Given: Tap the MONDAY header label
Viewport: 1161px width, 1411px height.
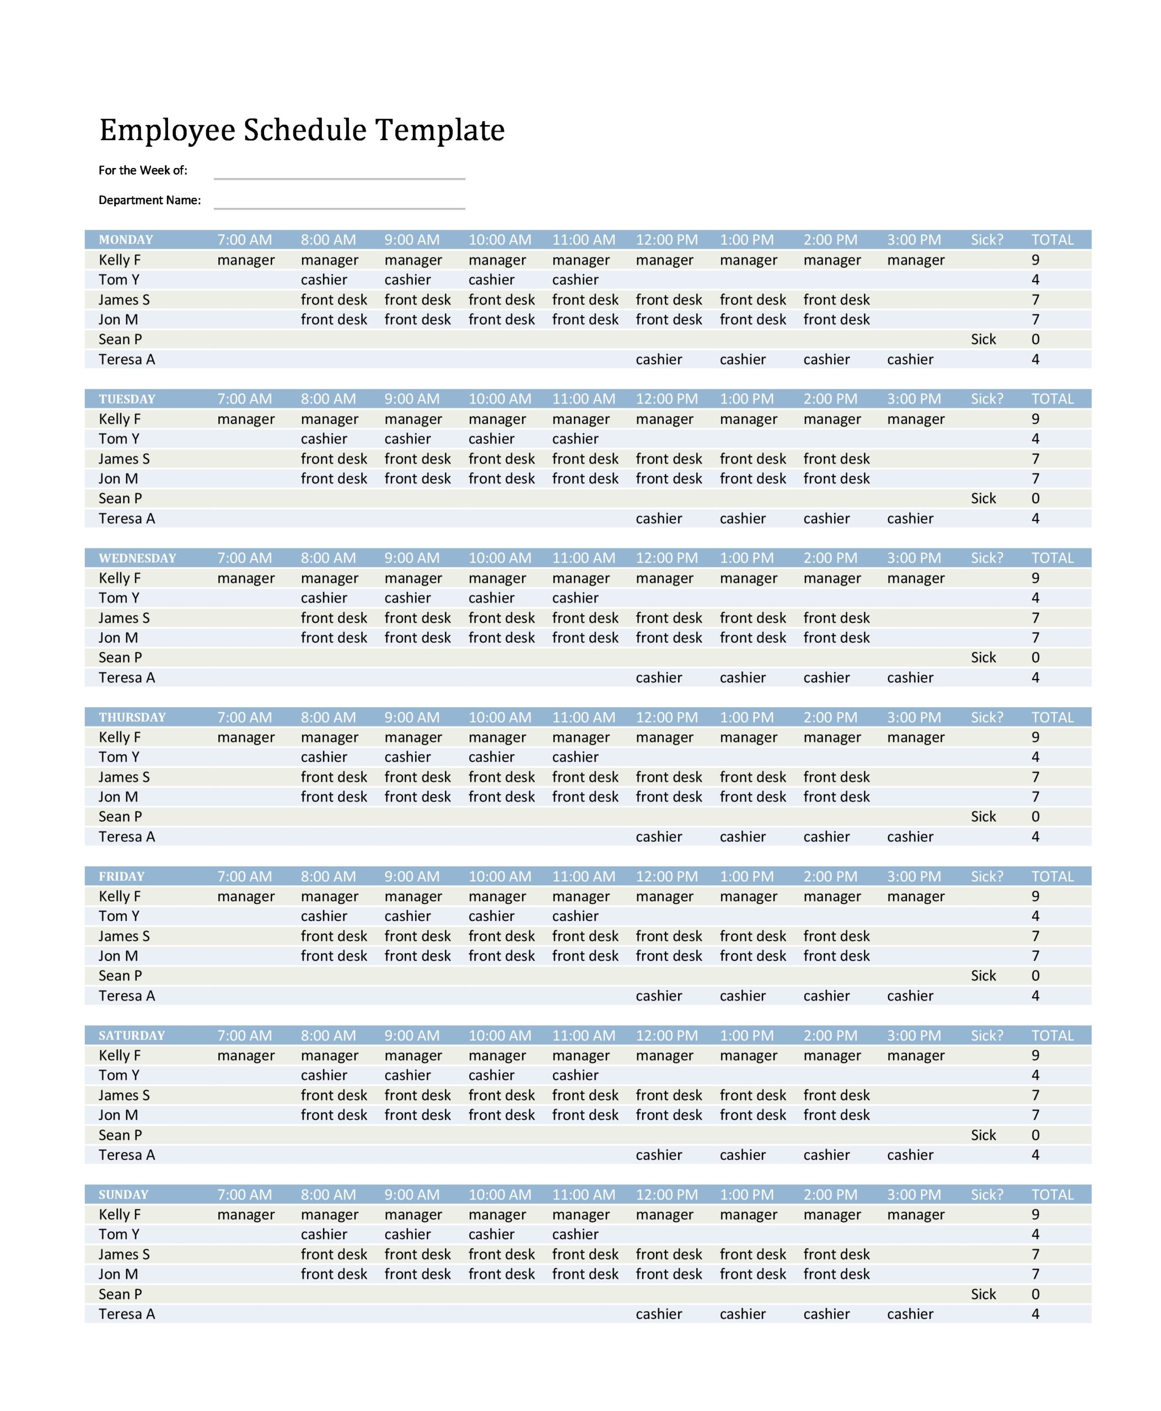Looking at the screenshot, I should click(126, 239).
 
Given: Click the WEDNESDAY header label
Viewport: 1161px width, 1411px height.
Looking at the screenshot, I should click(137, 558).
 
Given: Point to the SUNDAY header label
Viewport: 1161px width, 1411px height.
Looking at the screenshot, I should click(123, 1194).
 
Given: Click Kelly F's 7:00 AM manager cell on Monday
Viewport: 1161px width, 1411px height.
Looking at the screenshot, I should click(245, 260).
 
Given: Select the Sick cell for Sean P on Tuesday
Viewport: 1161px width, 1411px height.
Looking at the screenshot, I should click(983, 498).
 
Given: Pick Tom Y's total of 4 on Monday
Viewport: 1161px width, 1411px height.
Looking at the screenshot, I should click(1035, 279).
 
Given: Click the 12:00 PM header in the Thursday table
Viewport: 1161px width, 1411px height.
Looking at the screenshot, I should click(666, 717).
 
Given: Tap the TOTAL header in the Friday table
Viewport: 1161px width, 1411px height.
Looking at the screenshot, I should click(1052, 876).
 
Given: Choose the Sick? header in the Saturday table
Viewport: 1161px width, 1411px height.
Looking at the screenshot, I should click(986, 1035).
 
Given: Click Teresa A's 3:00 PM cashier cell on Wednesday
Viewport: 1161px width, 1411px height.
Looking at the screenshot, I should click(910, 677).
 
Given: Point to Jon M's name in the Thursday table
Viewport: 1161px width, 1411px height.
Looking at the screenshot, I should click(119, 796).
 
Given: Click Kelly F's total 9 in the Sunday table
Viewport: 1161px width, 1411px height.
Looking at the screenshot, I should click(1035, 1214).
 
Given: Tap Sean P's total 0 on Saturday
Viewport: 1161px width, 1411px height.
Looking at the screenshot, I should click(1035, 1135).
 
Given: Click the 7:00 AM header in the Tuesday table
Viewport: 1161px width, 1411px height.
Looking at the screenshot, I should click(244, 398).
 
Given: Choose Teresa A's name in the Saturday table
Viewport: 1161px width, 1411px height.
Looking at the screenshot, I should click(126, 1154).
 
